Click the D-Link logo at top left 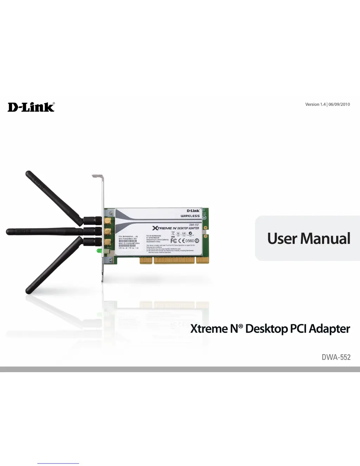pos(31,107)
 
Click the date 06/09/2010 pos(339,104)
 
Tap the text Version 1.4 pos(315,104)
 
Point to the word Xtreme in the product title pos(209,329)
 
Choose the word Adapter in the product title pos(329,329)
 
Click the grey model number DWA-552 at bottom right pos(336,357)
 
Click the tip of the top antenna pos(28,173)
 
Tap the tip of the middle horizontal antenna pos(8,232)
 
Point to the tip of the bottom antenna pos(28,291)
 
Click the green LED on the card pos(99,251)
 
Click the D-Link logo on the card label pos(193,211)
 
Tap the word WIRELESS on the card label pos(190,216)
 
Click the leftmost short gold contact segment pos(146,260)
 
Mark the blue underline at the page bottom pos(58,464)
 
